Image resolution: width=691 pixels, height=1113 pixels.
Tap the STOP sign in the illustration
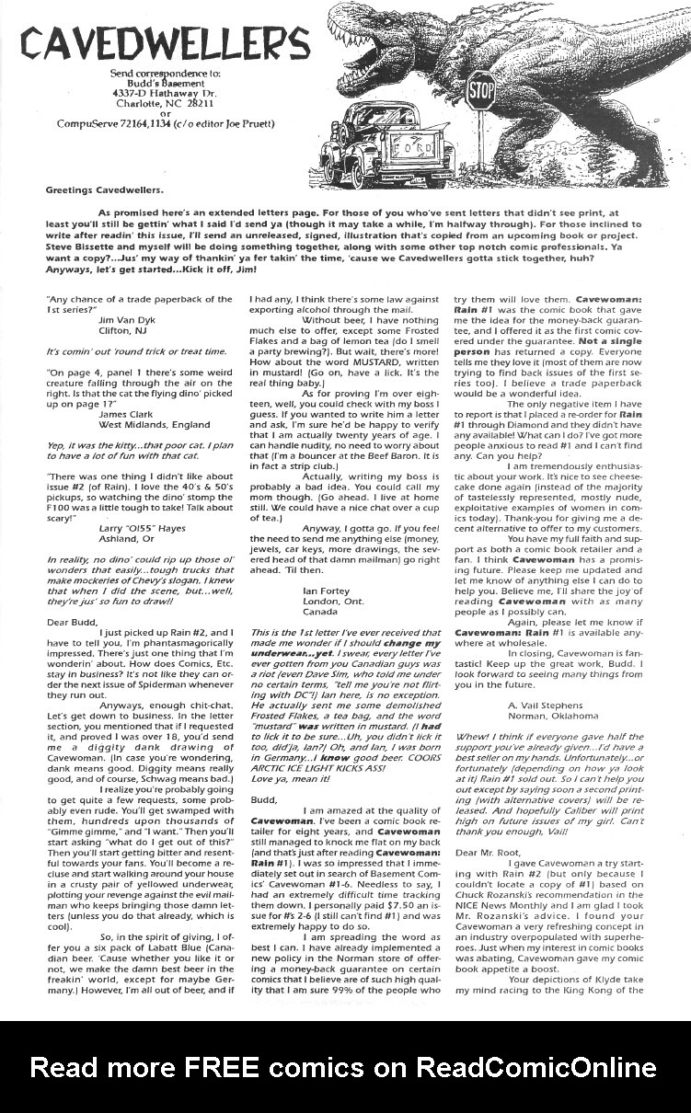click(x=481, y=90)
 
